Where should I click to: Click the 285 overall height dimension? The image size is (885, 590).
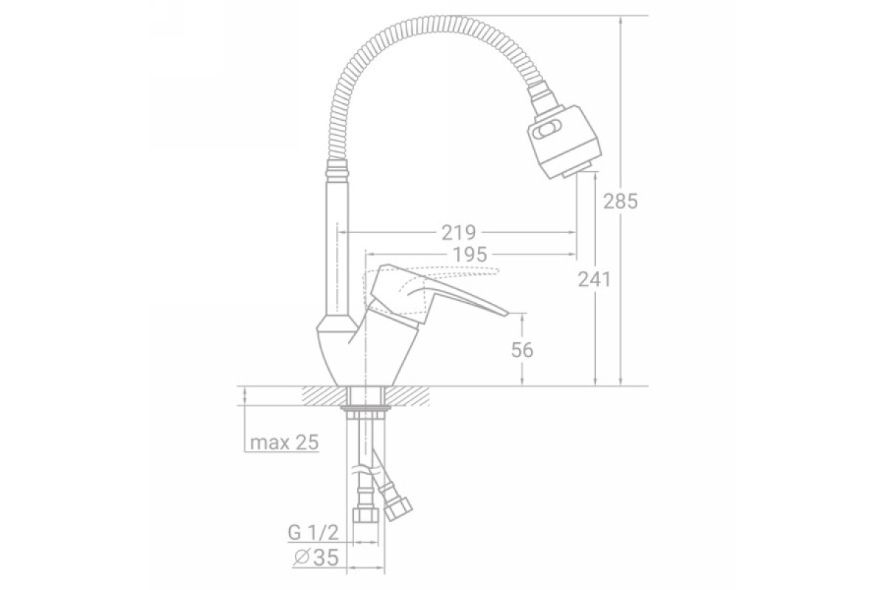click(x=620, y=201)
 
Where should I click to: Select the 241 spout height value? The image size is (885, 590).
click(x=594, y=280)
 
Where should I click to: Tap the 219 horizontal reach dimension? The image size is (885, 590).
click(x=458, y=233)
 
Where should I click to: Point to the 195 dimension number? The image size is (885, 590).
click(x=470, y=254)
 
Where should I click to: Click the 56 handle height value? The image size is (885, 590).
click(x=522, y=350)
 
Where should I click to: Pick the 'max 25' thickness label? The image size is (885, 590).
click(x=284, y=442)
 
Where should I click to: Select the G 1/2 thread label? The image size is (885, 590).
click(x=313, y=532)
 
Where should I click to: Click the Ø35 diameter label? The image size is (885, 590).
click(x=316, y=558)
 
